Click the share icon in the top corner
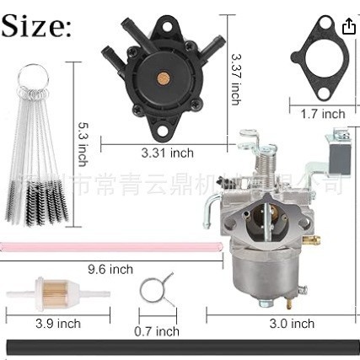click(349, 26)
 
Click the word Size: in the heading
click(37, 27)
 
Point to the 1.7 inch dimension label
click(323, 113)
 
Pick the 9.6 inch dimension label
click(110, 269)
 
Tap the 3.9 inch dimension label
click(58, 323)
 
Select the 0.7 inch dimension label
click(157, 330)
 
